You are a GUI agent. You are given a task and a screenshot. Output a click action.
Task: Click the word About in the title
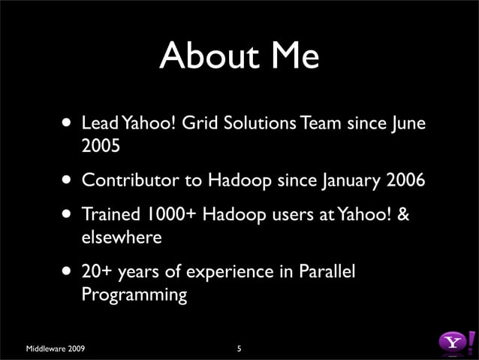(x=205, y=55)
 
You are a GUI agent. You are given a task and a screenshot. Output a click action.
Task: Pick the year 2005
(x=101, y=145)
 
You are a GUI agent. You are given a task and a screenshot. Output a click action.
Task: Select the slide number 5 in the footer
(x=239, y=349)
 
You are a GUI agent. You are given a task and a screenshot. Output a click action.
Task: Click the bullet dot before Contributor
(x=68, y=181)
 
